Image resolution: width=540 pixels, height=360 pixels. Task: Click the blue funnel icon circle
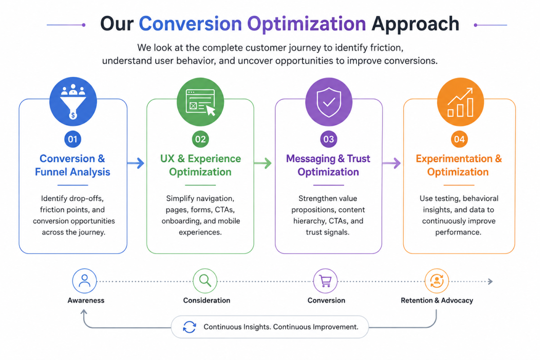pyautogui.click(x=73, y=102)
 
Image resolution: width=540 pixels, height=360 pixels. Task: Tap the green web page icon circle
pyautogui.click(x=200, y=102)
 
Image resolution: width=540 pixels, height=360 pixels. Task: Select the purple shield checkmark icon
pyautogui.click(x=329, y=102)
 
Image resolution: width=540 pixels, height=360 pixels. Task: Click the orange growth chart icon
pyautogui.click(x=460, y=102)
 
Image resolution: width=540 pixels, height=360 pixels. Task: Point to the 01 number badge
pyautogui.click(x=72, y=139)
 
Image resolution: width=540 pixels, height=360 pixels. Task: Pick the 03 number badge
pyautogui.click(x=328, y=139)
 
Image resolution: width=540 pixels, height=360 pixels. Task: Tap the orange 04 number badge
pyautogui.click(x=459, y=139)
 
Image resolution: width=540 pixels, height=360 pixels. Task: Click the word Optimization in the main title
pyautogui.click(x=306, y=24)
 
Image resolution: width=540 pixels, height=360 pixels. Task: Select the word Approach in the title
pyautogui.click(x=415, y=24)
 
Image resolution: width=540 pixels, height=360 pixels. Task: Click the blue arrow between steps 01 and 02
pyautogui.click(x=136, y=163)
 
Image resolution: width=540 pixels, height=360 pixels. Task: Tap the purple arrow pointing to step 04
pyautogui.click(x=392, y=163)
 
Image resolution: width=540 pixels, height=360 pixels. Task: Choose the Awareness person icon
pyautogui.click(x=85, y=281)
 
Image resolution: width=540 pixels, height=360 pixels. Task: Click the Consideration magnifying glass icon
pyautogui.click(x=205, y=281)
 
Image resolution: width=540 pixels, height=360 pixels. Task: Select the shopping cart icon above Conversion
pyautogui.click(x=325, y=281)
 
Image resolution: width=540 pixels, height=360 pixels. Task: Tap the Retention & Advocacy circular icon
pyautogui.click(x=436, y=281)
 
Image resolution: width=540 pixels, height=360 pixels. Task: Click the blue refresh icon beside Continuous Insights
pyautogui.click(x=189, y=327)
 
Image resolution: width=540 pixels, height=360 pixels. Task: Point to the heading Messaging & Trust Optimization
pyautogui.click(x=328, y=165)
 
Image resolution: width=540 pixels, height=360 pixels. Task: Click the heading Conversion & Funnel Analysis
pyautogui.click(x=72, y=165)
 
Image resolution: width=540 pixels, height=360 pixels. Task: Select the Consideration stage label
pyautogui.click(x=207, y=301)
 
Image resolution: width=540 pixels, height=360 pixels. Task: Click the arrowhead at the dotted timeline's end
pyautogui.click(x=490, y=281)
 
